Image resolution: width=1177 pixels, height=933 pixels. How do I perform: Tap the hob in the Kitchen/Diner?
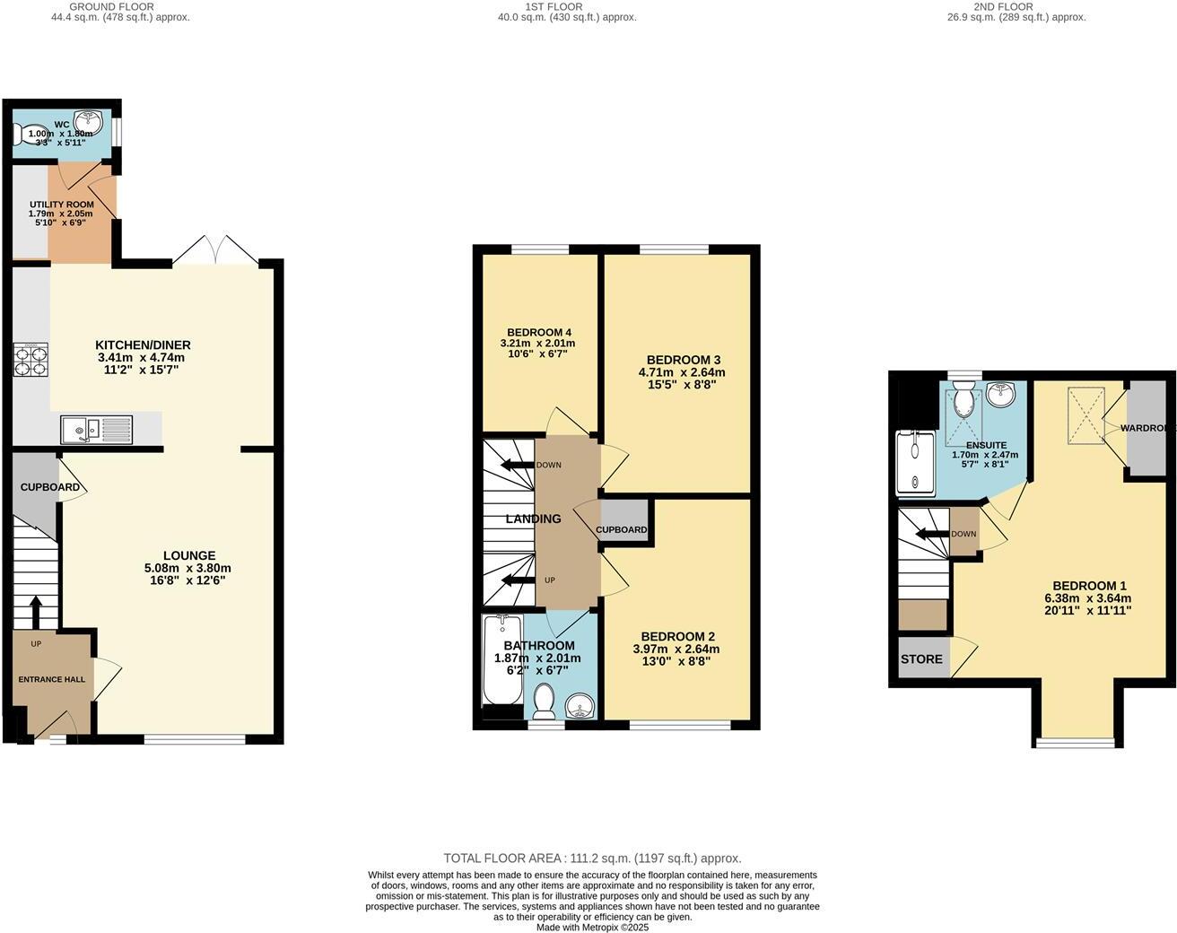[x=30, y=360]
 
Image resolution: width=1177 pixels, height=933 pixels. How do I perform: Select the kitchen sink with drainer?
[x=96, y=431]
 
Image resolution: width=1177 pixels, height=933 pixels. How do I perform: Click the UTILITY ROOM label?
[x=61, y=205]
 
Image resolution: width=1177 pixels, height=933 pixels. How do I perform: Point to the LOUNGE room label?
[x=188, y=555]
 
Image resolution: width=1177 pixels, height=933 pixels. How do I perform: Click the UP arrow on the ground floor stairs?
[x=36, y=612]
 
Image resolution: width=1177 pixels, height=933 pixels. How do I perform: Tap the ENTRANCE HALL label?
[x=52, y=679]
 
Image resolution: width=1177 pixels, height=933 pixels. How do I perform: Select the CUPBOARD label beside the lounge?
[x=49, y=487]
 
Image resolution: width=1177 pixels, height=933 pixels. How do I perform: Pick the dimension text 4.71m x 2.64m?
[x=681, y=372]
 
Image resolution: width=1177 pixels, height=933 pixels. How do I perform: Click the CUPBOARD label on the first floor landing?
[x=622, y=529]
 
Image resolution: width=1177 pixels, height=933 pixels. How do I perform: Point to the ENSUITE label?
[x=986, y=445]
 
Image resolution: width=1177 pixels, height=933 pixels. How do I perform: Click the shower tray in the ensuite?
[x=915, y=462]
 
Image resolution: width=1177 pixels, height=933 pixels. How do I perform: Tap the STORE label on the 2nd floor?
[x=921, y=659]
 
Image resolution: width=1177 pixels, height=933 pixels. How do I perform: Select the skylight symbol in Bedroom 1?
[x=1086, y=415]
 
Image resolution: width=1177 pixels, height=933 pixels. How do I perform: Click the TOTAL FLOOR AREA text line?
[x=592, y=859]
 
